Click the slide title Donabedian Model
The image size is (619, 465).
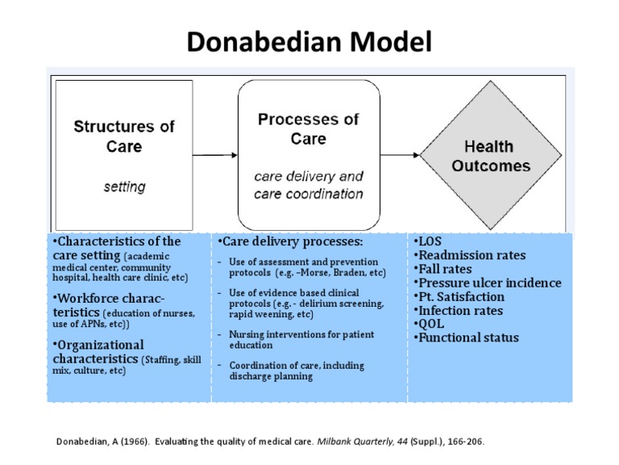coord(309,41)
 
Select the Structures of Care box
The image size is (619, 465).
coord(124,153)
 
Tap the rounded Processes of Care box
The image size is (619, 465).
coord(308,154)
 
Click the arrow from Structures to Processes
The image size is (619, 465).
coord(214,154)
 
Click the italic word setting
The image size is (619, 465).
coord(124,186)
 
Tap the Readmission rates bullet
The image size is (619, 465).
coord(469,256)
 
